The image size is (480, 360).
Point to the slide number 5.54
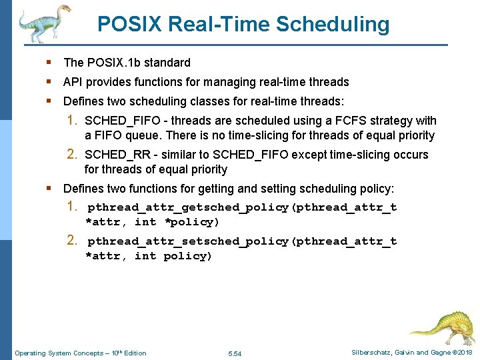coord(235,353)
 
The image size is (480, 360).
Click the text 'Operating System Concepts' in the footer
coord(59,353)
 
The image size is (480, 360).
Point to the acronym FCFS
coord(338,121)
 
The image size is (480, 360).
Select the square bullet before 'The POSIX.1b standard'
coord(50,62)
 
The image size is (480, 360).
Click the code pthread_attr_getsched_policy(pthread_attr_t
coord(242,207)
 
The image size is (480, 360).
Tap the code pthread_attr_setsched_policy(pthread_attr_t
coord(242,241)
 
